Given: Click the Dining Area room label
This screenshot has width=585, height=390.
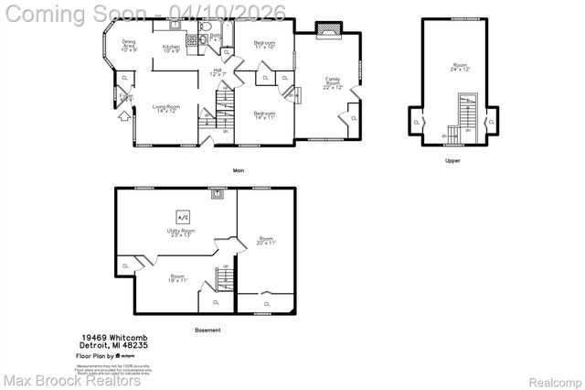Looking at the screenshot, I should (129, 47).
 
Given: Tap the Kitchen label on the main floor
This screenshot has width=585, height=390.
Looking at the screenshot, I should (171, 49).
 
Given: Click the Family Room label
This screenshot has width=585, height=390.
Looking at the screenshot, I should (333, 84).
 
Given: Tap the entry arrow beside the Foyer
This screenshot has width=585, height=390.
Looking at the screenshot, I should (122, 114).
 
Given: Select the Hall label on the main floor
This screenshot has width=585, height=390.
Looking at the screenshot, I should (218, 72).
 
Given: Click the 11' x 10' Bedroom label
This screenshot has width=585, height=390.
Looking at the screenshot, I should (265, 46).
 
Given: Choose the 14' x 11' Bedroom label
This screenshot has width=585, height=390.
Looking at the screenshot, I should (265, 114).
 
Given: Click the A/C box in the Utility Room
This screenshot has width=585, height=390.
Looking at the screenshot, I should (182, 217).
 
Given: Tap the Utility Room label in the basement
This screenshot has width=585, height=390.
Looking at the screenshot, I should (182, 233).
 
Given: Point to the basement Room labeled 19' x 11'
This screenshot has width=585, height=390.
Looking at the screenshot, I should (176, 277).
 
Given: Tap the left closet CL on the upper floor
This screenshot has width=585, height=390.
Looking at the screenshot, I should (417, 121).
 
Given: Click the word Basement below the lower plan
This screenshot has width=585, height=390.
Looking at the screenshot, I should (207, 330).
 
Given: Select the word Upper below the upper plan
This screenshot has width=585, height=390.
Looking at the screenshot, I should (452, 160).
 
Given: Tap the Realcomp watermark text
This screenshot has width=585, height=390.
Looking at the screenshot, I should (554, 379).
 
